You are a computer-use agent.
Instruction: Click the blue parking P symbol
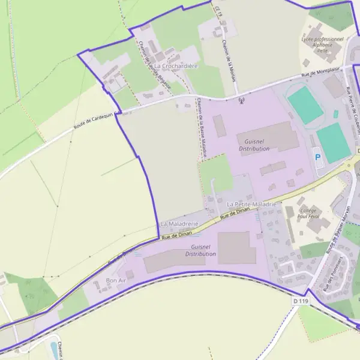[318, 158]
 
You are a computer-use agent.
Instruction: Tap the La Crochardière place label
[176, 65]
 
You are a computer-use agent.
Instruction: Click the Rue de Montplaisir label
[320, 71]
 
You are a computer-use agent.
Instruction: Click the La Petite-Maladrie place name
[251, 205]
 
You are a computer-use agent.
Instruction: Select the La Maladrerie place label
[179, 224]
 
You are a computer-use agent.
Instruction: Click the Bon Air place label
[116, 280]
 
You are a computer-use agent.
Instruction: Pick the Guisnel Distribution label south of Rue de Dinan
[200, 250]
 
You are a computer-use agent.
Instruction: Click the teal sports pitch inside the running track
[305, 105]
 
